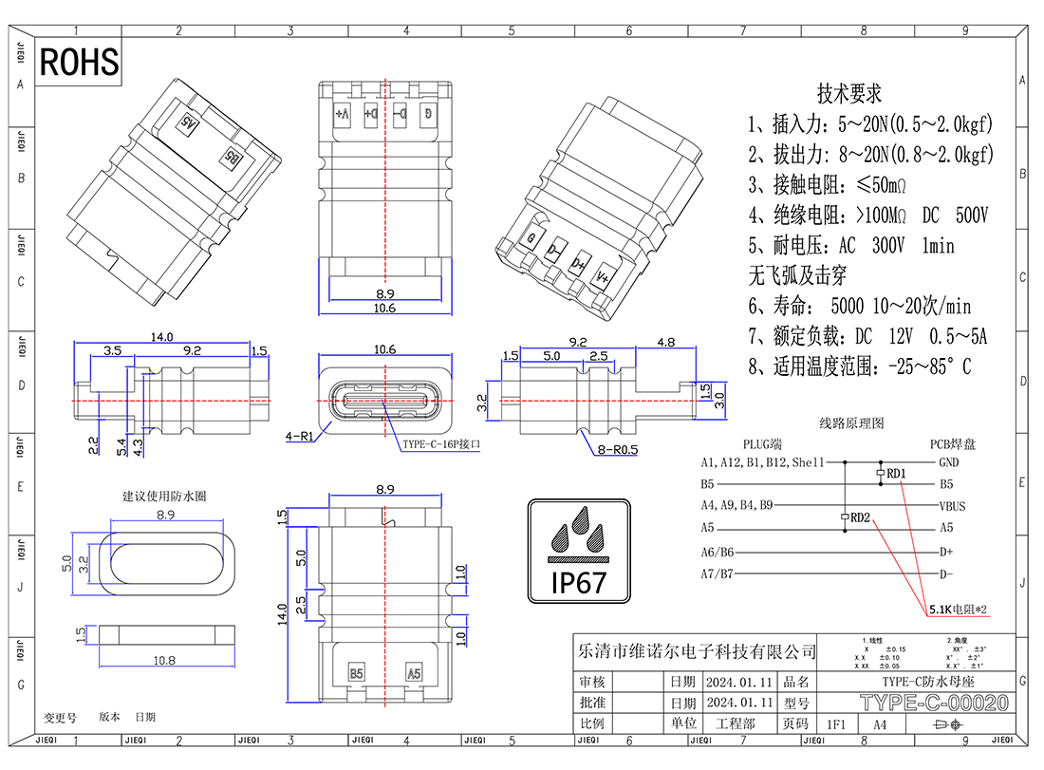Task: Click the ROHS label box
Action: (x=80, y=62)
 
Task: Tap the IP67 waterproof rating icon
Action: (x=579, y=550)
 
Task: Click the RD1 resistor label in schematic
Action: (x=898, y=473)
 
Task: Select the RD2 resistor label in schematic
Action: (x=861, y=517)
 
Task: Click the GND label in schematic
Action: (x=948, y=462)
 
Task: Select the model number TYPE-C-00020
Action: (x=934, y=704)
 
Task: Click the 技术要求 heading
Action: (x=849, y=94)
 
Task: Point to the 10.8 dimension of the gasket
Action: (x=164, y=659)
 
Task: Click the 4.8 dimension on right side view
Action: (x=666, y=343)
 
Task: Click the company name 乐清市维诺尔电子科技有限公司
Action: (x=697, y=651)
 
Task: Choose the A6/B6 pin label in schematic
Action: (x=718, y=552)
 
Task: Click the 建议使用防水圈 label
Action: (x=163, y=496)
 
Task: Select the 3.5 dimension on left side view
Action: (x=112, y=351)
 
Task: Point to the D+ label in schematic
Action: (x=946, y=552)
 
